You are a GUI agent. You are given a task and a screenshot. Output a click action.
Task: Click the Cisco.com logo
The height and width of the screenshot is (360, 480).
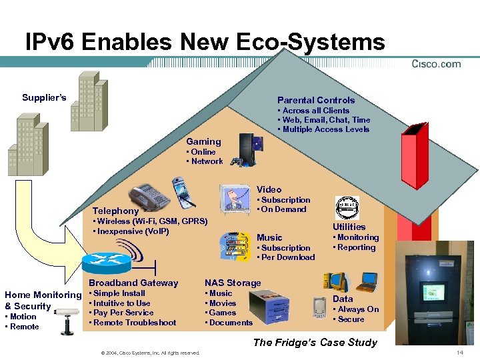pyautogui.click(x=436, y=64)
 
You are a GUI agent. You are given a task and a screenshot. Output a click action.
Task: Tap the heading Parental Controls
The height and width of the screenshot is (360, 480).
pyautogui.click(x=316, y=100)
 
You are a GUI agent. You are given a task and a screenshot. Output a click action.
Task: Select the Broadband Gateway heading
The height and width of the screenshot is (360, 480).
pyautogui.click(x=133, y=283)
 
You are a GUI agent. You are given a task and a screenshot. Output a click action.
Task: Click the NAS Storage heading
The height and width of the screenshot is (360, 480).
pyautogui.click(x=233, y=283)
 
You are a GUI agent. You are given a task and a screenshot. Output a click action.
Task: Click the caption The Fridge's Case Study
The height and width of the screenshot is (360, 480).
pyautogui.click(x=315, y=343)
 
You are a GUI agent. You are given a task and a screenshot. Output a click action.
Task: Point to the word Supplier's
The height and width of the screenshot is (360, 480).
pyautogui.click(x=44, y=98)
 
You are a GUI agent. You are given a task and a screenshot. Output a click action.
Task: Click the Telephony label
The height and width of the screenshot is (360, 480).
pyautogui.click(x=115, y=211)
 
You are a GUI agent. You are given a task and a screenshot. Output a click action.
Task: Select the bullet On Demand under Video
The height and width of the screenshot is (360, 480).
pyautogui.click(x=283, y=209)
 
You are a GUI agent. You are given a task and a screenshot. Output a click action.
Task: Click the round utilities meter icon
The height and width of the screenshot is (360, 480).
pyautogui.click(x=347, y=208)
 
